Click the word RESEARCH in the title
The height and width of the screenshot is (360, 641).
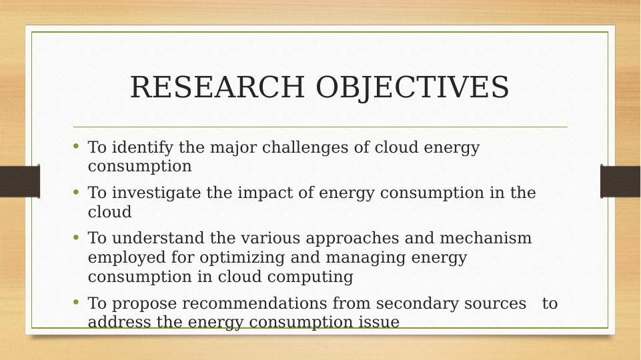[x=217, y=87]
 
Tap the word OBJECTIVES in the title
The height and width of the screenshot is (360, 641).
[x=412, y=87]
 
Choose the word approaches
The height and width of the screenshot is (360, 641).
[x=352, y=239]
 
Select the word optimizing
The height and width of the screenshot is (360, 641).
[x=242, y=258]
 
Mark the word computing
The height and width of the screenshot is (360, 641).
[x=310, y=277]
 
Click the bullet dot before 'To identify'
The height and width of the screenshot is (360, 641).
[x=75, y=146]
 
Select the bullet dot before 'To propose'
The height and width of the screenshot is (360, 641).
[x=75, y=302]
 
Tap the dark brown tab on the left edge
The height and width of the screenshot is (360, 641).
[x=20, y=181]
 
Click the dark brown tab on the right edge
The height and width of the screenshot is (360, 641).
[x=620, y=181]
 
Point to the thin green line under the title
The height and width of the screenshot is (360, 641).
[x=320, y=127]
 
